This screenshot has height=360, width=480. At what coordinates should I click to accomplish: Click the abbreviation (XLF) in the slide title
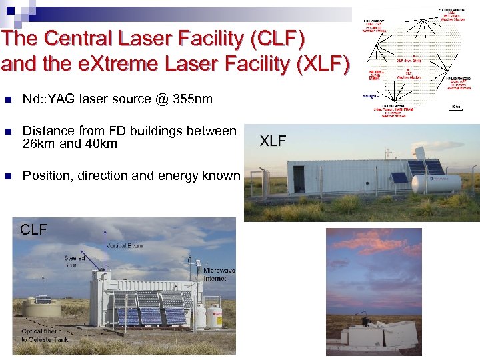tap(319, 64)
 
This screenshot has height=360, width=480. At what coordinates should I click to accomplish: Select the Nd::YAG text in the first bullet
tap(49, 99)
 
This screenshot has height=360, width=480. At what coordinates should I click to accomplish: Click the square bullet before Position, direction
tap(7, 177)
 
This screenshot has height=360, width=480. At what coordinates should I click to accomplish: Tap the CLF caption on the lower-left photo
tap(33, 230)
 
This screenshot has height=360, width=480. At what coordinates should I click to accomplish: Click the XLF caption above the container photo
tap(273, 141)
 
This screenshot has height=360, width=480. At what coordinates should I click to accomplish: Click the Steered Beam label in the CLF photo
tap(74, 261)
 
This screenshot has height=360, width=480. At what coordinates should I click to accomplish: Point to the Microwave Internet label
tap(219, 274)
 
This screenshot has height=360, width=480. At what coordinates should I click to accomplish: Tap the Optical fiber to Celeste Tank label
tap(43, 335)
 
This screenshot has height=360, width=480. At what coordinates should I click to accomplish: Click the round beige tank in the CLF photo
tap(41, 308)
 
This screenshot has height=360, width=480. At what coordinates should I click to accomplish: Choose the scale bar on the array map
tap(456, 108)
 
